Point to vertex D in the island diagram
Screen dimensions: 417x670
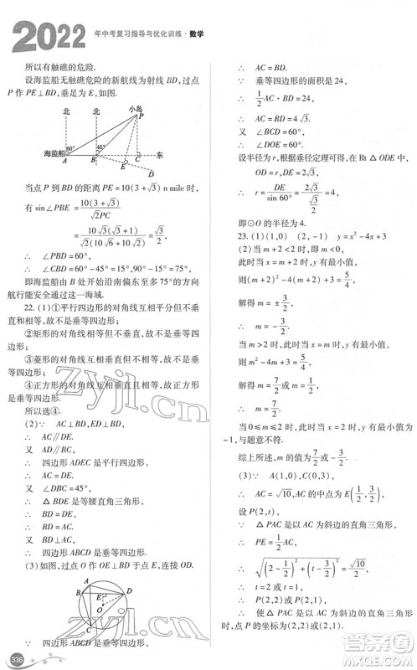point(150,173)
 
